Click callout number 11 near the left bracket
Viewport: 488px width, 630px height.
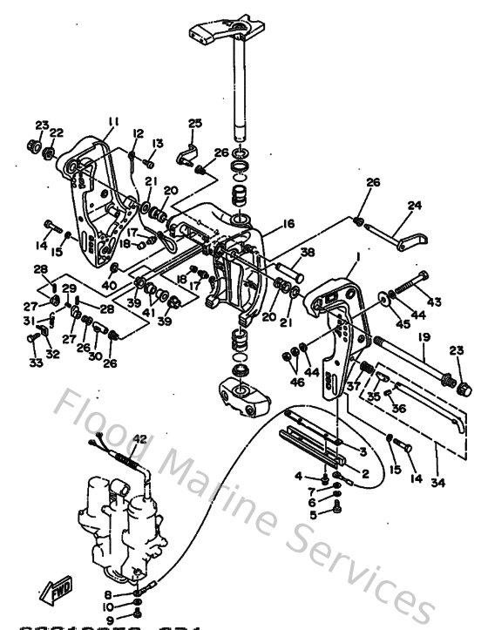(x=112, y=123)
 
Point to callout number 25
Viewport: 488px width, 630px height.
(x=194, y=123)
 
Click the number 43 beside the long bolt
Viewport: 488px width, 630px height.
(x=432, y=301)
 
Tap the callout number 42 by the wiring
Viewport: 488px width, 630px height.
(x=139, y=426)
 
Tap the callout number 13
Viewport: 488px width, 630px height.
(x=159, y=143)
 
